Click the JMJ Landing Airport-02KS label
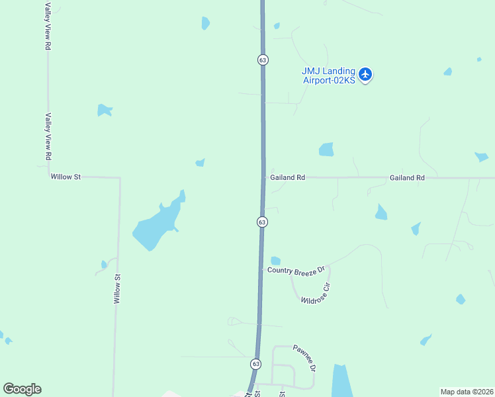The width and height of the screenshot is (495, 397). pyautogui.click(x=329, y=75)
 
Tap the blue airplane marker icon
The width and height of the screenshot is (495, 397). pyautogui.click(x=366, y=74)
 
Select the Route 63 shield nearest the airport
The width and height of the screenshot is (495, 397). pyautogui.click(x=263, y=60)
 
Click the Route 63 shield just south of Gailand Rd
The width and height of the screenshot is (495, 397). pyautogui.click(x=262, y=222)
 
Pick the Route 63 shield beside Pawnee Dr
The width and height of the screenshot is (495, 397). pyautogui.click(x=255, y=364)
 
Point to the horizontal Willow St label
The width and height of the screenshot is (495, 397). pyautogui.click(x=66, y=177)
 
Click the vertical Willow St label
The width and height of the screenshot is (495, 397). pyautogui.click(x=117, y=289)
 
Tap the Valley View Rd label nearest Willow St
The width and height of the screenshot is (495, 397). pyautogui.click(x=48, y=137)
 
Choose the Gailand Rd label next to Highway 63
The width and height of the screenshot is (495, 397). pyautogui.click(x=287, y=177)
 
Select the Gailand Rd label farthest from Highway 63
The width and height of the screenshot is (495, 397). pyautogui.click(x=407, y=177)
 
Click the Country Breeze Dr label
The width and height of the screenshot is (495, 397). pyautogui.click(x=296, y=269)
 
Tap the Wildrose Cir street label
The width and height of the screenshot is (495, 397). pyautogui.click(x=315, y=293)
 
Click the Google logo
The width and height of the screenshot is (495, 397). pyautogui.click(x=22, y=389)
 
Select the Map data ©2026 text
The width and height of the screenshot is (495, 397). pyautogui.click(x=467, y=392)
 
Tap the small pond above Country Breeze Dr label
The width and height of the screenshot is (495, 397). pyautogui.click(x=275, y=261)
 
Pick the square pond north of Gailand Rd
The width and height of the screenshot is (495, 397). pyautogui.click(x=326, y=150)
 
